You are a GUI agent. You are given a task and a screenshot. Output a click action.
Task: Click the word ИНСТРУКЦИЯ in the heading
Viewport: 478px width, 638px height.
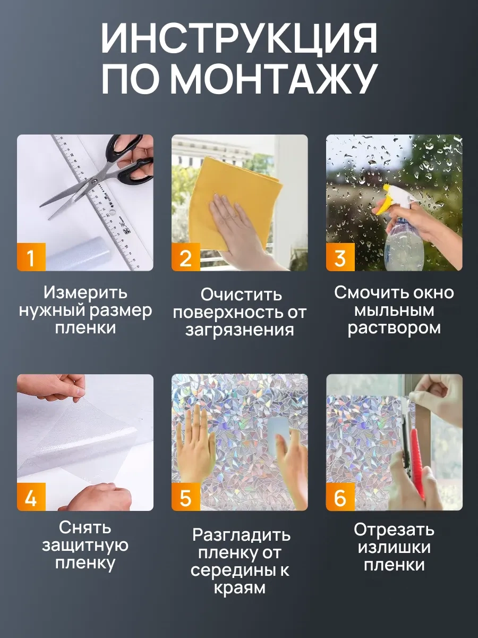239,41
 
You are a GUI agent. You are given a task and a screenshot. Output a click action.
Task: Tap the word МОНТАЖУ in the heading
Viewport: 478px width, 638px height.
274,79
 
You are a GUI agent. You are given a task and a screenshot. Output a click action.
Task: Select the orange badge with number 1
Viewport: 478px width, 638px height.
31,257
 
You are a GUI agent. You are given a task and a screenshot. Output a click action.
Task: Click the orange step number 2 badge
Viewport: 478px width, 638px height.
186,257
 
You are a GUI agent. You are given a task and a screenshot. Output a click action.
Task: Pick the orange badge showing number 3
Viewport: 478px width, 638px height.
340,257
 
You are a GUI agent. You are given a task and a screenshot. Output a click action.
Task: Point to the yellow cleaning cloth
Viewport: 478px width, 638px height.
226,200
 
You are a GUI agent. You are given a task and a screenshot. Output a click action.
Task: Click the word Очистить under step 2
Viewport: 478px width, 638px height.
241,295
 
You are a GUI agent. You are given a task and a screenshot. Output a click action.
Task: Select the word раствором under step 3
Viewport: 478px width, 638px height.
394,329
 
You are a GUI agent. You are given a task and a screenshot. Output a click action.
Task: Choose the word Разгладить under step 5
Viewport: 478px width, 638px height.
241,535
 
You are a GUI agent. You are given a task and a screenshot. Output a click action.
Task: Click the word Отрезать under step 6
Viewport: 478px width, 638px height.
394,530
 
